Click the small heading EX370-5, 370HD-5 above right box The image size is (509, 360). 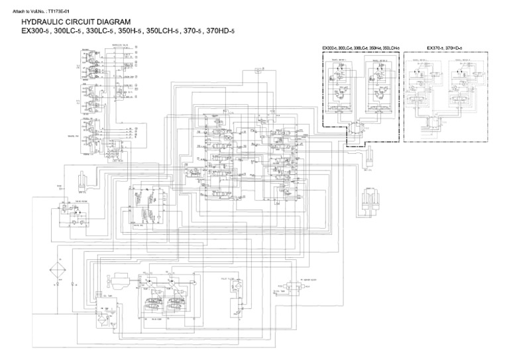click(444, 48)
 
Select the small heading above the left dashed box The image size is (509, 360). click(361, 48)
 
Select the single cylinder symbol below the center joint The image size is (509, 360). click(368, 159)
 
